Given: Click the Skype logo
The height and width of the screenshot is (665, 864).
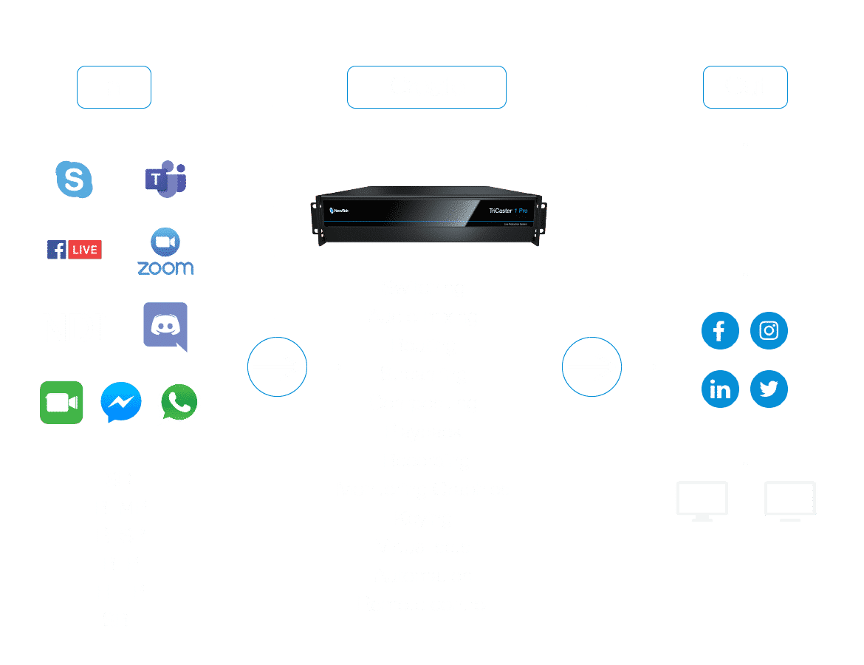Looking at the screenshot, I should (75, 180).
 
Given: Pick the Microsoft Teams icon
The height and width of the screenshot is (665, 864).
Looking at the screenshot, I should (165, 179).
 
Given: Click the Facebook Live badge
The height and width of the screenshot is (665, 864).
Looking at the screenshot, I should (75, 250).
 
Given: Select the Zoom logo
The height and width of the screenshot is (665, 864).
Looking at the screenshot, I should (165, 252).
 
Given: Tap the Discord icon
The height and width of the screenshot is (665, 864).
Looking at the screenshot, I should (165, 326).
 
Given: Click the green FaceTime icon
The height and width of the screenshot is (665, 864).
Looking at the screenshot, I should (61, 403).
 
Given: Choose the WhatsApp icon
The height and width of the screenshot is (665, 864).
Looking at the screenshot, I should (179, 403).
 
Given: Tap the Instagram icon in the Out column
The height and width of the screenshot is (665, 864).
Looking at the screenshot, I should (769, 330).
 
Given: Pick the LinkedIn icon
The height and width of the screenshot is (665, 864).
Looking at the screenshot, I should (720, 389).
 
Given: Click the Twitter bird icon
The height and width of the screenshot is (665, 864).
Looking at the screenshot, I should (769, 389).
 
